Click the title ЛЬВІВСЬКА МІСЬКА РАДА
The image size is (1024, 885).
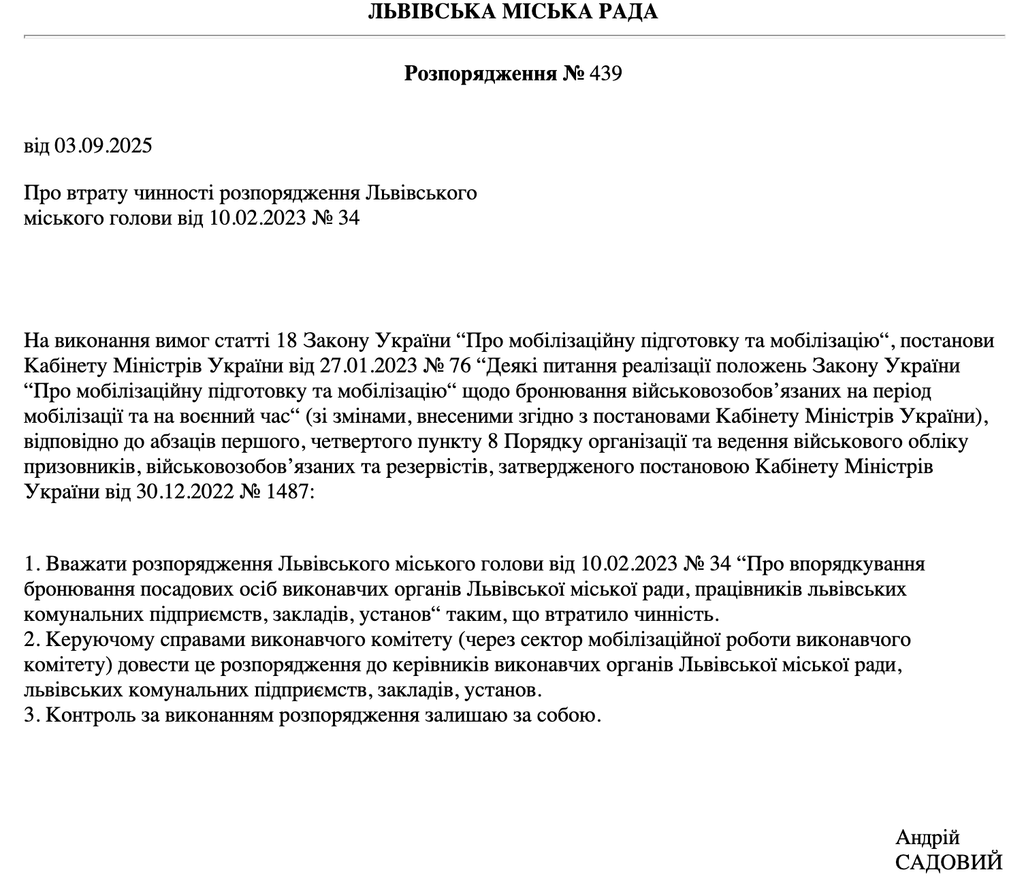512,12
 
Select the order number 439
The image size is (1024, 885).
605,74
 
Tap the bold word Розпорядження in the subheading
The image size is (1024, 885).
481,74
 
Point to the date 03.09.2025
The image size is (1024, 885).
103,146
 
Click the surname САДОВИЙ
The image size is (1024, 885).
948,863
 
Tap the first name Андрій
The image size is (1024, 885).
927,837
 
